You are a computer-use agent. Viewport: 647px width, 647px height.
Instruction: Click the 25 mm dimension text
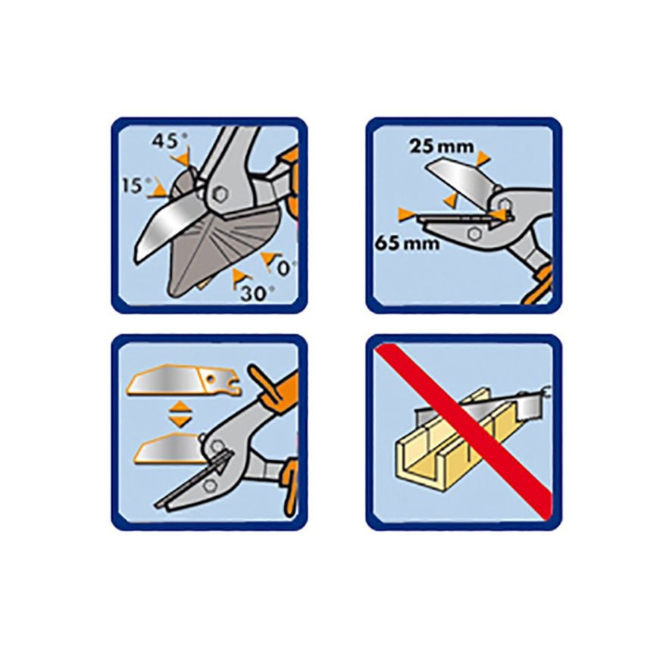(x=442, y=146)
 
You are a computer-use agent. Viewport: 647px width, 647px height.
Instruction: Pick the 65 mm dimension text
(x=408, y=243)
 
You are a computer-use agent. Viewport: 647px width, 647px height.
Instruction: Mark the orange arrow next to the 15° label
(x=158, y=191)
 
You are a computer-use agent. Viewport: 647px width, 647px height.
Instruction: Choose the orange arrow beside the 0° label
(x=268, y=258)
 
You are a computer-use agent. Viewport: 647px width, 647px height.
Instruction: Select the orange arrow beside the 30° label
(x=239, y=277)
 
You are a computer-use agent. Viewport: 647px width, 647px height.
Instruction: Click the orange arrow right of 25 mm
(x=482, y=158)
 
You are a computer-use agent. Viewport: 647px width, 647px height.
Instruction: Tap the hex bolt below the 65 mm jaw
(x=474, y=233)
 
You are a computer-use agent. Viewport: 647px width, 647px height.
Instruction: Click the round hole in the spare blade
(x=211, y=377)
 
